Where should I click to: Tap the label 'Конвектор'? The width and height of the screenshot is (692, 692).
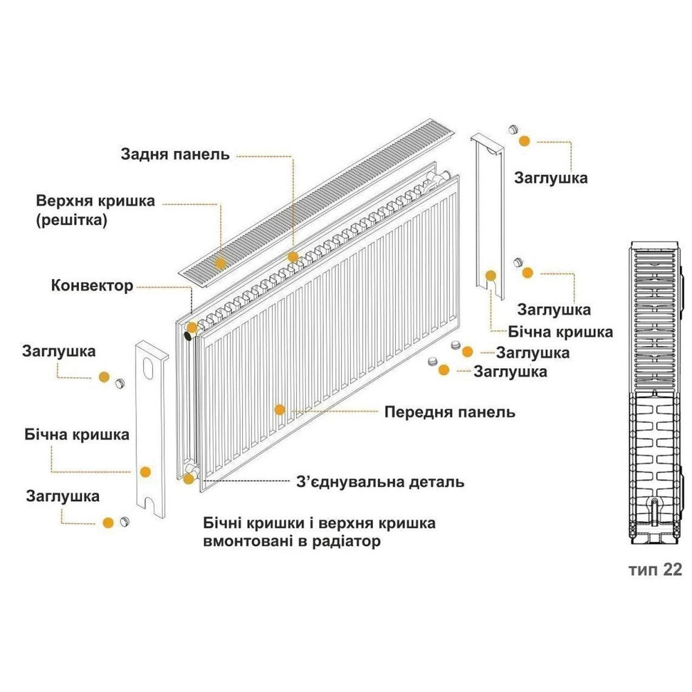click(x=91, y=285)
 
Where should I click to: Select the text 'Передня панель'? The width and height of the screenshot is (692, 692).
click(x=450, y=412)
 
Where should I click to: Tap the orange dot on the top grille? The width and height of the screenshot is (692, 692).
click(x=221, y=263)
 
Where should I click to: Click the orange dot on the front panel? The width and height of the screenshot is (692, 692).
click(x=279, y=410)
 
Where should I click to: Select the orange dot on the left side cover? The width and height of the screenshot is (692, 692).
click(x=145, y=472)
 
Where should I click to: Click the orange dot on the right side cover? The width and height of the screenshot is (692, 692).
click(x=490, y=275)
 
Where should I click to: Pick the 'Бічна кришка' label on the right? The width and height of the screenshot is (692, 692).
click(x=561, y=331)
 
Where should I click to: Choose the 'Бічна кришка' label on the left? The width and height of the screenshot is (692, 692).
click(x=76, y=435)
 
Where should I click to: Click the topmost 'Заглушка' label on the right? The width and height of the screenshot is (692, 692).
click(x=551, y=178)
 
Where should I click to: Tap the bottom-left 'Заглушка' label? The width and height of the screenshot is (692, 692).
click(x=62, y=496)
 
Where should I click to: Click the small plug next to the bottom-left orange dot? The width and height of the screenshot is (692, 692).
click(x=125, y=521)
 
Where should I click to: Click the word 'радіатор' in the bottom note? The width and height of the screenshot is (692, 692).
click(x=349, y=541)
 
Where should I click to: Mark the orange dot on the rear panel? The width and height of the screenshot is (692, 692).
click(x=293, y=257)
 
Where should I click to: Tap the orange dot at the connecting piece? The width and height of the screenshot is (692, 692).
click(x=188, y=478)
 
